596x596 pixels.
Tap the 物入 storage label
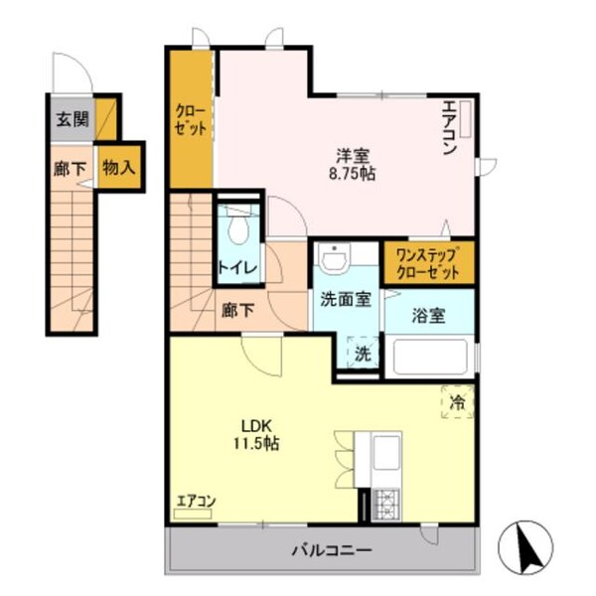[118, 167]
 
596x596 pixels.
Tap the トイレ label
[237, 267]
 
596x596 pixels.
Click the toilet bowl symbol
[237, 227]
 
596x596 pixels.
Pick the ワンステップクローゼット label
[428, 261]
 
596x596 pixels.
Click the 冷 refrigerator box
[458, 403]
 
